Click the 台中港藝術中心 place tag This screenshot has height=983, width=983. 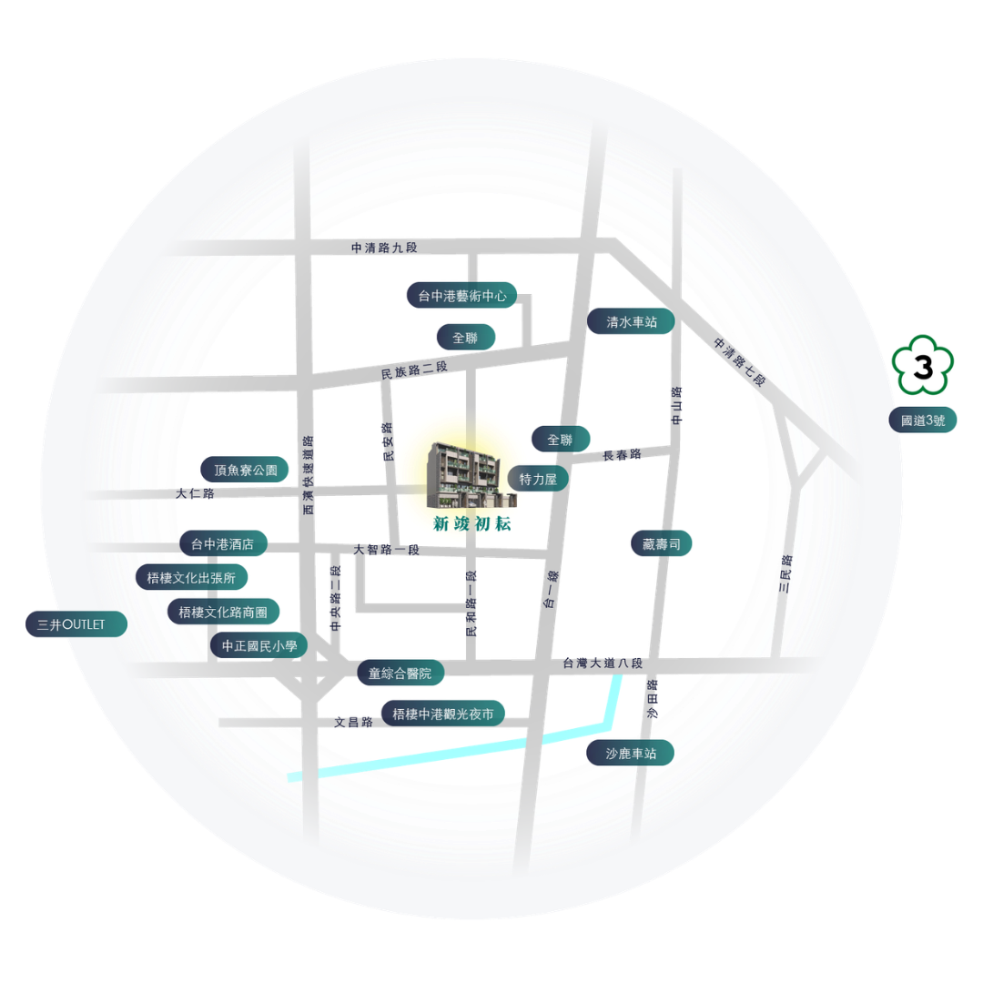(462, 295)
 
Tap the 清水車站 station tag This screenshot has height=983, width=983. (631, 321)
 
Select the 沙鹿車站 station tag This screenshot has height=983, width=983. (630, 753)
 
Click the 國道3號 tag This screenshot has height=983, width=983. (923, 420)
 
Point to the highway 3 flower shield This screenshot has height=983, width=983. (923, 366)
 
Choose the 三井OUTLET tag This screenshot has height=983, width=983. (76, 624)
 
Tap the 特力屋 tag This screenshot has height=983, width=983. (537, 479)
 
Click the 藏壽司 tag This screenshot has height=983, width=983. (662, 543)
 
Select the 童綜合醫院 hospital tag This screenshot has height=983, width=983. (401, 673)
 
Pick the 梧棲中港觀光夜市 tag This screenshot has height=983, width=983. (443, 714)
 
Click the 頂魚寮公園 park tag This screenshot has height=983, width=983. (245, 470)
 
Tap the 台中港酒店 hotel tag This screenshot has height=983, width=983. (224, 543)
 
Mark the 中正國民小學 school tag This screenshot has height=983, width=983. (258, 645)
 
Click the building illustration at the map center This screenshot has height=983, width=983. (471, 476)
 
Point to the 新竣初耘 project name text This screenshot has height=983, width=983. (472, 523)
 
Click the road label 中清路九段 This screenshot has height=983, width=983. (384, 248)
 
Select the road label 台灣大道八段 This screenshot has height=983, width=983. (603, 663)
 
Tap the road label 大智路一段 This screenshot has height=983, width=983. (386, 550)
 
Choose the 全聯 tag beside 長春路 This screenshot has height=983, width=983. (561, 440)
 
